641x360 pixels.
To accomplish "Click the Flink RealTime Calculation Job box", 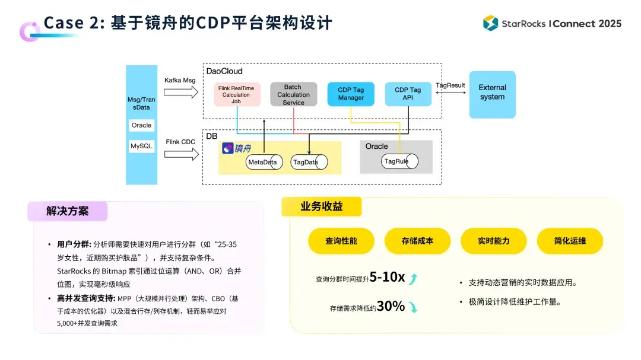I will click(237, 94).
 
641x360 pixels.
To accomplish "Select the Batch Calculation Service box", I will click(293, 94).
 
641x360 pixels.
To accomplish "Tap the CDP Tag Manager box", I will click(351, 94).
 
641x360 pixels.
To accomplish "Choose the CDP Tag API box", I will click(408, 94).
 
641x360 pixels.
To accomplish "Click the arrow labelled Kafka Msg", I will click(180, 92).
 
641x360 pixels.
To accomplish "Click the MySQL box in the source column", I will click(142, 146).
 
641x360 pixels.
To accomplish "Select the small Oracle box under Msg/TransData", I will click(142, 125).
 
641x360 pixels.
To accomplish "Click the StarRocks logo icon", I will click(490, 23).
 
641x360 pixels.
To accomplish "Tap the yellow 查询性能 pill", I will click(341, 241).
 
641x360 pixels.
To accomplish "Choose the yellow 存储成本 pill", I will click(417, 241).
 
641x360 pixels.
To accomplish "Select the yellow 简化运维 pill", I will click(570, 241).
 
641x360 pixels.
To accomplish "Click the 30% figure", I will click(391, 307).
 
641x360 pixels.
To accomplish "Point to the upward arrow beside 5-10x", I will click(414, 278).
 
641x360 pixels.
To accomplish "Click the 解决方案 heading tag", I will click(67, 211).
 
